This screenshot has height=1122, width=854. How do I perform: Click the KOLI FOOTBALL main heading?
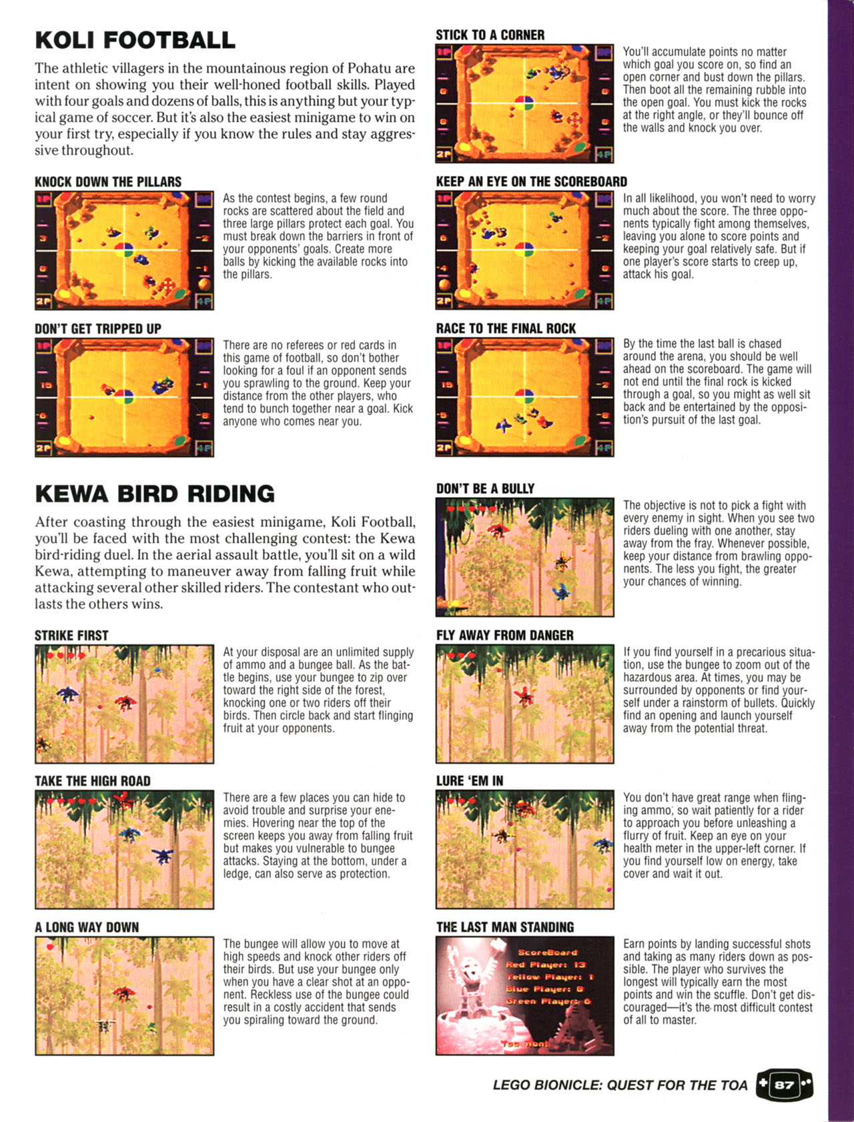click(135, 40)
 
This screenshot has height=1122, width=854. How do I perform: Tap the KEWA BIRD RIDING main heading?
click(155, 494)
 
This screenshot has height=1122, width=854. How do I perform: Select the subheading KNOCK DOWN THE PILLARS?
click(108, 182)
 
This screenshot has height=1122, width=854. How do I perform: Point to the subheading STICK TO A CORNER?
click(490, 35)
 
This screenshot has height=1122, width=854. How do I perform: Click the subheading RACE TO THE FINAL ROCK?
click(506, 328)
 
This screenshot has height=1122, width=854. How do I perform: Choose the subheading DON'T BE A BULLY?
click(485, 488)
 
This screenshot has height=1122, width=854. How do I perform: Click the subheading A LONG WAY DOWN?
click(87, 927)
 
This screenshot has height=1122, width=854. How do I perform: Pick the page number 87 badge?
click(784, 1084)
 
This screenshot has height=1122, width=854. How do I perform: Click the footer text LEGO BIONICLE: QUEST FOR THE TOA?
click(620, 1085)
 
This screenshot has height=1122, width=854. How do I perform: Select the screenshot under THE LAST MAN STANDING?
click(525, 996)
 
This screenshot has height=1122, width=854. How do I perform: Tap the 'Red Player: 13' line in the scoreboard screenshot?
click(545, 965)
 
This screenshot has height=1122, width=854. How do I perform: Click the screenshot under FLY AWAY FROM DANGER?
click(525, 704)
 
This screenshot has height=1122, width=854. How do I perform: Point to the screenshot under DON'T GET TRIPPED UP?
click(125, 398)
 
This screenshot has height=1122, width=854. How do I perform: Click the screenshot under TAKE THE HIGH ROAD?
click(125, 849)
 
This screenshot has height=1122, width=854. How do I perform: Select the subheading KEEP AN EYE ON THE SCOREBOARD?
click(532, 182)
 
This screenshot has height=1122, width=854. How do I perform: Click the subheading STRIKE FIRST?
click(71, 636)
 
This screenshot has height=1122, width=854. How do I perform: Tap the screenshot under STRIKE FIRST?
click(125, 704)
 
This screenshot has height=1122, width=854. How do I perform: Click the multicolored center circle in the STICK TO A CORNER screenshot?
click(524, 104)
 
